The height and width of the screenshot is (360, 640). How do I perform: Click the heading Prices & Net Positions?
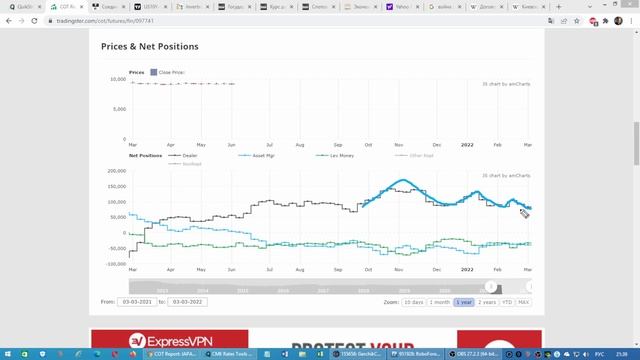(x=150, y=46)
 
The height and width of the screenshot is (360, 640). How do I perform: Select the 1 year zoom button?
(x=464, y=301)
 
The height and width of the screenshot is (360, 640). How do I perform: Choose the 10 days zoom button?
(x=413, y=301)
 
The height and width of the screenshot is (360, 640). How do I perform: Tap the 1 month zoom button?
(x=439, y=301)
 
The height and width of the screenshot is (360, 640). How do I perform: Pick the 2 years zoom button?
(x=487, y=301)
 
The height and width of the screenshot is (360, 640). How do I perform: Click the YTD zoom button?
(x=507, y=301)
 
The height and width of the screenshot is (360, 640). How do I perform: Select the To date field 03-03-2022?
(x=190, y=301)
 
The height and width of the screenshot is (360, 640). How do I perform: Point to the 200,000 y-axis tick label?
(x=116, y=171)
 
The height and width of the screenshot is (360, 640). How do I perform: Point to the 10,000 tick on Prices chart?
(x=117, y=78)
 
